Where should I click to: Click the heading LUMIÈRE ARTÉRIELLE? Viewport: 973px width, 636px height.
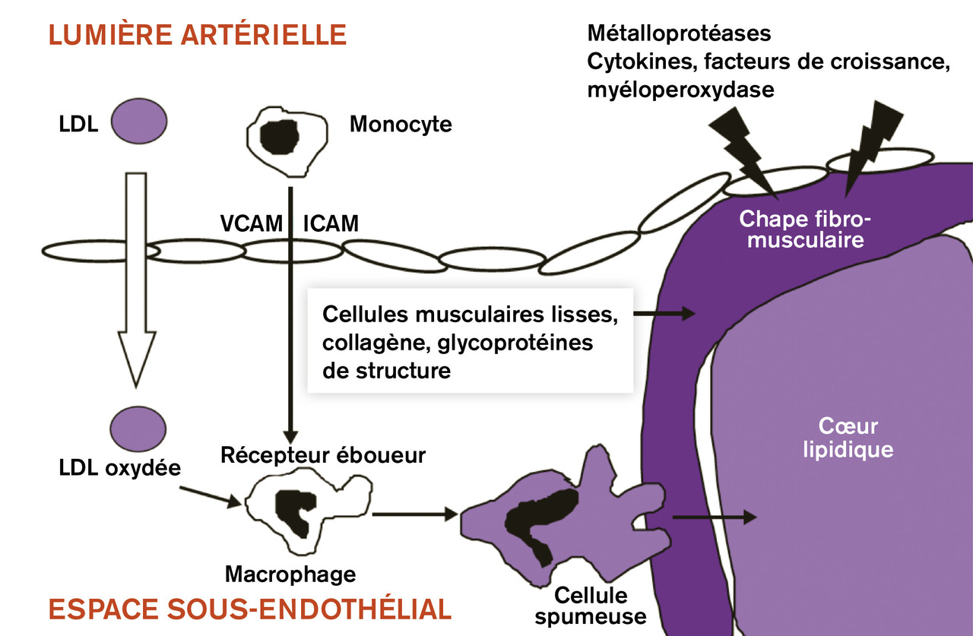click(198, 35)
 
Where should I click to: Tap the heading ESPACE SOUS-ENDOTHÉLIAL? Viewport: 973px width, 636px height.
click(250, 609)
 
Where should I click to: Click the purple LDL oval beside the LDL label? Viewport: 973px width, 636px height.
click(139, 124)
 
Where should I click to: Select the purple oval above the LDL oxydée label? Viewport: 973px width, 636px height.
click(139, 429)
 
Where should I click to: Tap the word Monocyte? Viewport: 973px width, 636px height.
click(400, 124)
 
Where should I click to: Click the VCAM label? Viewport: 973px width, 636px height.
click(250, 224)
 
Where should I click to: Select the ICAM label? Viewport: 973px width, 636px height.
click(331, 224)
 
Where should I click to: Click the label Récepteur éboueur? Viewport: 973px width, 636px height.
click(322, 455)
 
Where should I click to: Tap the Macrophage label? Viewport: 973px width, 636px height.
click(290, 574)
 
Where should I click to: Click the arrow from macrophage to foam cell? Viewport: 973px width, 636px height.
click(415, 514)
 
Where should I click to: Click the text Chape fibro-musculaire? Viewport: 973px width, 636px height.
click(802, 229)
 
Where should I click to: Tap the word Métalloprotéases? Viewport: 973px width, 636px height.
click(679, 33)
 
